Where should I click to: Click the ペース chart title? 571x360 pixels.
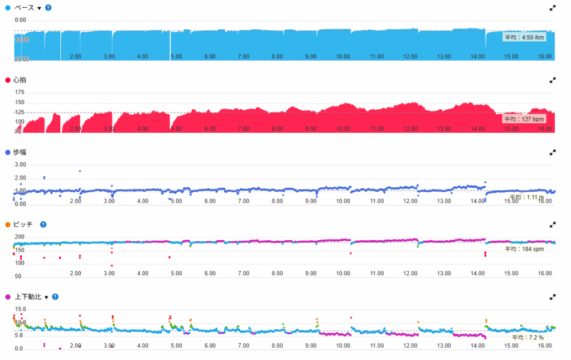pos(24,8)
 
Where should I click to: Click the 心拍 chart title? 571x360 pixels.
pos(19,80)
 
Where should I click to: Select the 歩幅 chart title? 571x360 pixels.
pos(19,152)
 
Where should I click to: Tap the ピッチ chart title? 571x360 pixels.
pos(23,225)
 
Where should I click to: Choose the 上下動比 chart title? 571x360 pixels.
pos(27,297)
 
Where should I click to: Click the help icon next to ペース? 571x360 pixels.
pos(48,8)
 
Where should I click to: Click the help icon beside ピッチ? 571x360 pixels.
pos(43,225)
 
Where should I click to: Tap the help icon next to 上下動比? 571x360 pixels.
pos(55,297)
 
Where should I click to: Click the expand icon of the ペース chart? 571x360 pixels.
pos(553,8)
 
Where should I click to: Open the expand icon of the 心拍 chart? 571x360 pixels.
pos(553,80)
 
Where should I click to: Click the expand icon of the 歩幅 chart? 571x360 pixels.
pos(553,152)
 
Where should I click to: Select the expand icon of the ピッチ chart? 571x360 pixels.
pos(553,225)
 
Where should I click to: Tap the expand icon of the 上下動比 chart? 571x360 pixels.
pos(553,297)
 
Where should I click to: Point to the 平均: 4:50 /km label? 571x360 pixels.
pos(522,37)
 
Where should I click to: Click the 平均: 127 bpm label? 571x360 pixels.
pos(522,119)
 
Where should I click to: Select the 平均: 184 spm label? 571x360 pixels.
pos(523,249)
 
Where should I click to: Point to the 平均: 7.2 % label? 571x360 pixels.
pos(527,337)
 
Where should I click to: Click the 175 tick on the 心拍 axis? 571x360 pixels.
pos(20,93)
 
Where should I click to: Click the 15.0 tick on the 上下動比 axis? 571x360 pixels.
pos(20,309)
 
